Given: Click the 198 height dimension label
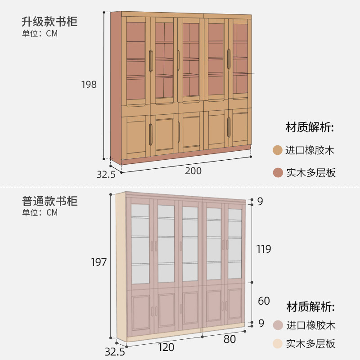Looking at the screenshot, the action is coord(89,84).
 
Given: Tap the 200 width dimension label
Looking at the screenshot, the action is coord(193,171).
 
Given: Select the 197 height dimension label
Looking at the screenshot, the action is coord(99,262).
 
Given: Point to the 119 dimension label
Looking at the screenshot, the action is coord(263,249).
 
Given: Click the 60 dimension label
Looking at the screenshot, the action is coord(264,301).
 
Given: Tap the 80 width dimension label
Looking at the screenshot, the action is coord(229,339).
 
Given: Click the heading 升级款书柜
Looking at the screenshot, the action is coord(49,22).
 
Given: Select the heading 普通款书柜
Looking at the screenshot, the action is coord(49,201).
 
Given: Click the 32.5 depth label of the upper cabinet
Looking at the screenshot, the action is coord(106,174).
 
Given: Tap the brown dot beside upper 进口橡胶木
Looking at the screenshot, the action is coord(278,150).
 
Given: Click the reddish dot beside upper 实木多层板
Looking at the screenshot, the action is coord(278,172).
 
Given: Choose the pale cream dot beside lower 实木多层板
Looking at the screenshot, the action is coord(278,344).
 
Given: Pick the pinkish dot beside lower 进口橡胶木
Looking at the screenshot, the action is coord(278,325).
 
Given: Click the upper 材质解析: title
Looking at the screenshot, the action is coord(310,127).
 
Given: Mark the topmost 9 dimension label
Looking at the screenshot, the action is coord(260,202).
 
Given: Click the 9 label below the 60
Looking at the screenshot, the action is coord(260,323).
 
